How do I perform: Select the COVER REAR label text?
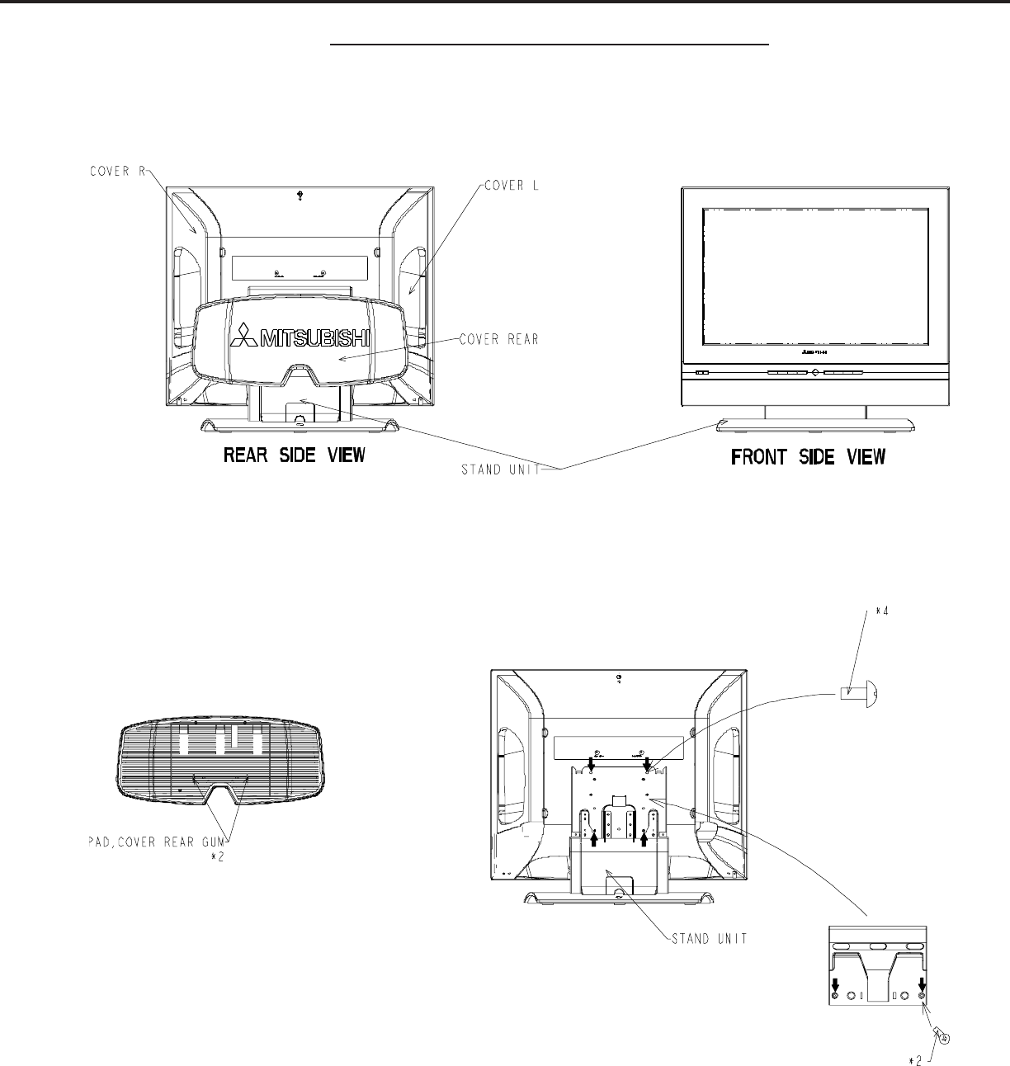coord(499,340)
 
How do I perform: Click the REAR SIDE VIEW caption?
coord(294,455)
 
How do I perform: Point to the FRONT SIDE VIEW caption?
coord(809,456)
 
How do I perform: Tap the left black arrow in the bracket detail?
coord(835,984)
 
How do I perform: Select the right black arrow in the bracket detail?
coord(922,984)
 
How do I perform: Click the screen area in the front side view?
coord(815,276)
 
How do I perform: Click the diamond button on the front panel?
coord(814,372)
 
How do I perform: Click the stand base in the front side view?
coord(815,427)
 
